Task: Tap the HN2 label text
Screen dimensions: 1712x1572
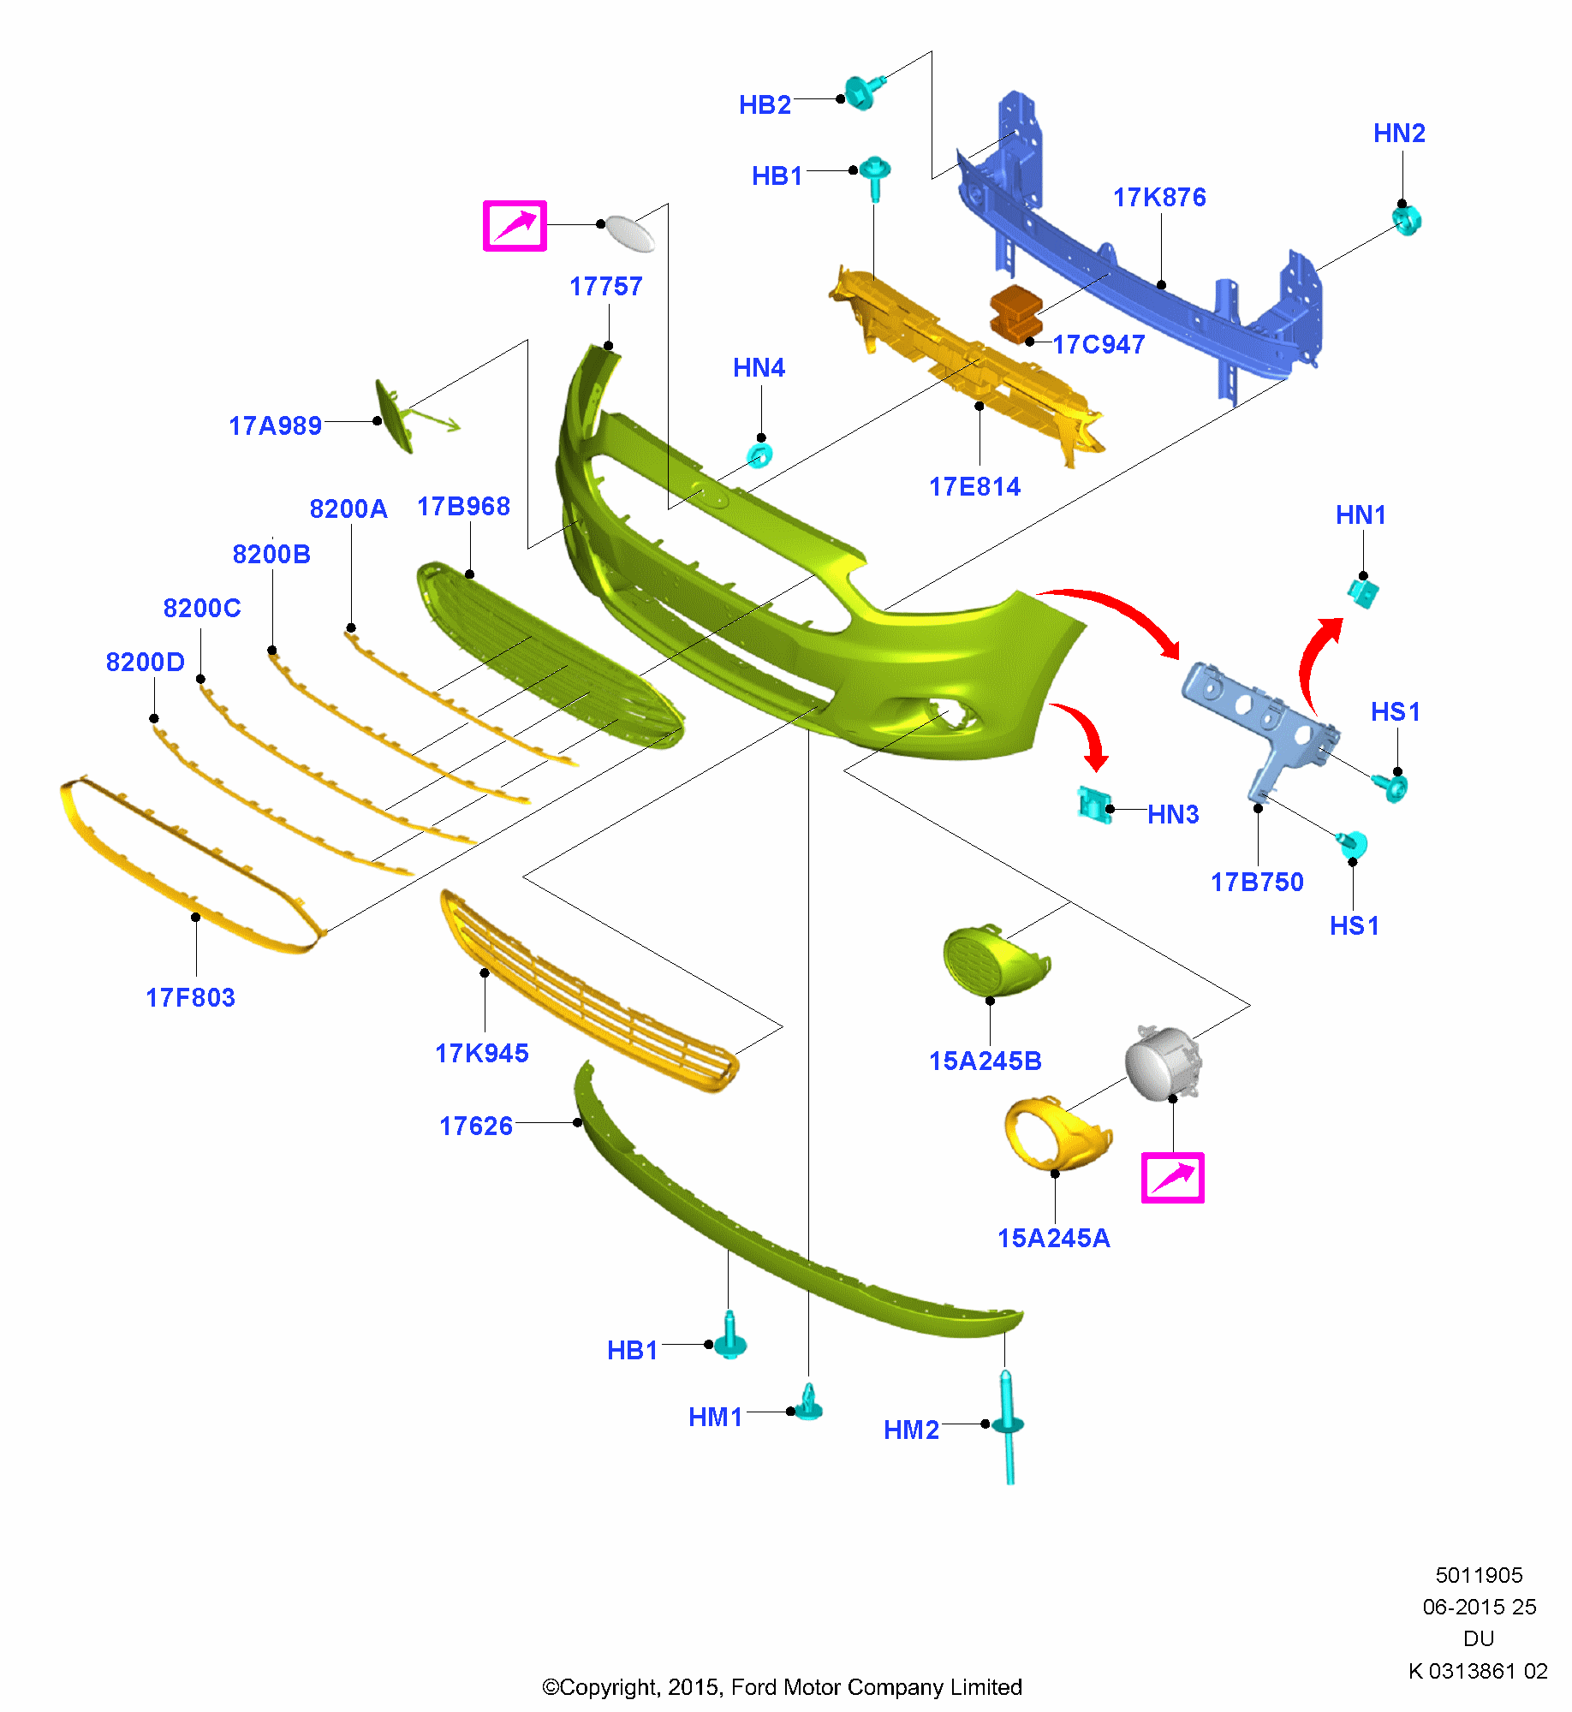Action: pos(1398,134)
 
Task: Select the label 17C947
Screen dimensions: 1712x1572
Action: pos(1099,345)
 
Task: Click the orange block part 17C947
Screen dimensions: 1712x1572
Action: pos(1015,313)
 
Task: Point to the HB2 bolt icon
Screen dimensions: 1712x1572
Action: pos(860,92)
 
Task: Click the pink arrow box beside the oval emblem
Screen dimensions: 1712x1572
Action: pos(515,226)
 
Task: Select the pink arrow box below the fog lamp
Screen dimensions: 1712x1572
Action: pos(1172,1178)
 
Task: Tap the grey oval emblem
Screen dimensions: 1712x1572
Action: pos(629,233)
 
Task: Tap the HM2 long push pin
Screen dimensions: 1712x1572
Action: pos(1009,1425)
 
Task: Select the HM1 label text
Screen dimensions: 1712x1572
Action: pos(715,1418)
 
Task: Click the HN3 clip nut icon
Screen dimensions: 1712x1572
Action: pos(1093,805)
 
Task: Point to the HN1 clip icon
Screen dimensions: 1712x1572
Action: pos(1362,591)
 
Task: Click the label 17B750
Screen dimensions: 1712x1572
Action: pos(1256,883)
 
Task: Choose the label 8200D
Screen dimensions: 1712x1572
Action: pos(145,663)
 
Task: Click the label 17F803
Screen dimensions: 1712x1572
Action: pos(190,998)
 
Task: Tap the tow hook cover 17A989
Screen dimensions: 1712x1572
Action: pos(394,416)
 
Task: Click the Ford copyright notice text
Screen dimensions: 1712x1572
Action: pos(782,1687)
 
